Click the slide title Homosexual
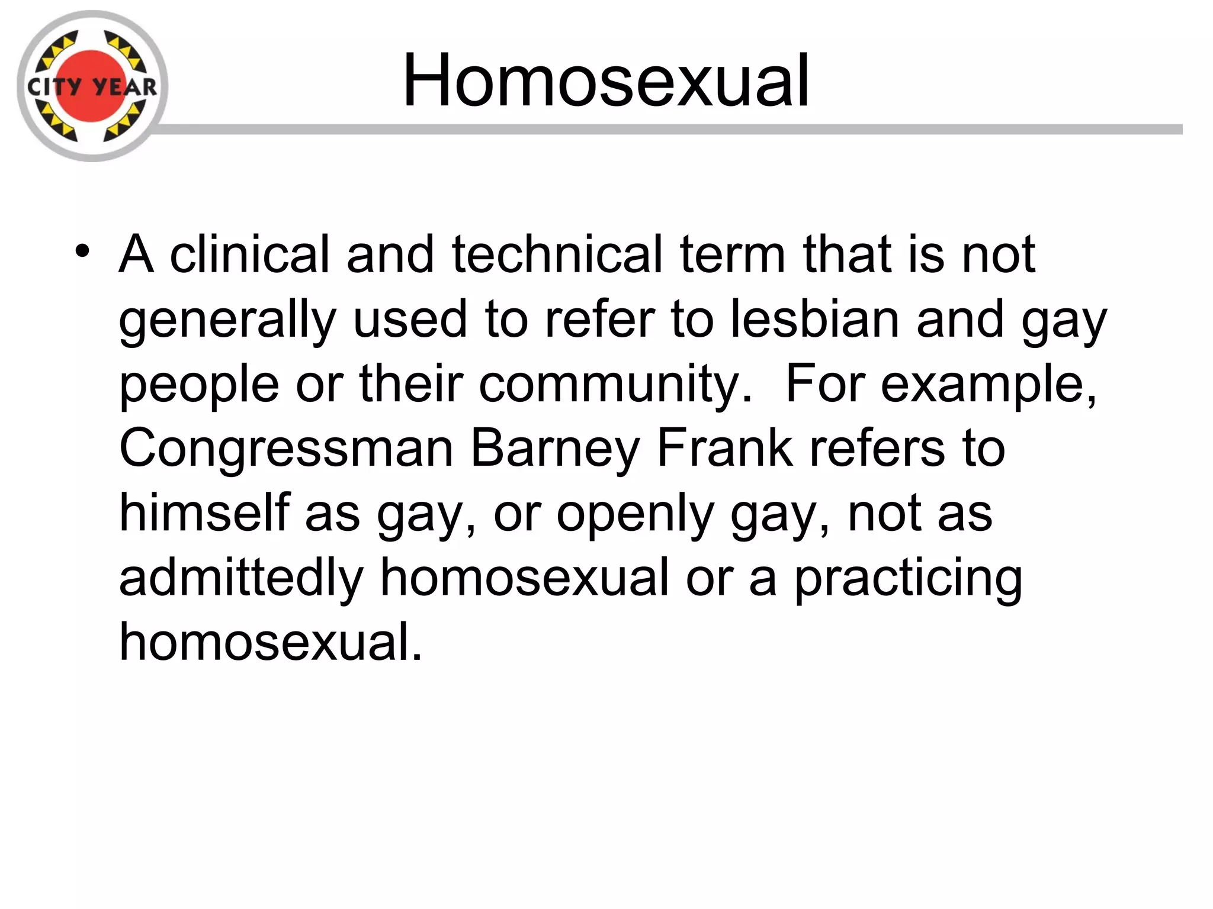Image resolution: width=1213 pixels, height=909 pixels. (605, 80)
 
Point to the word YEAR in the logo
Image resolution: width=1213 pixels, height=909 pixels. (125, 88)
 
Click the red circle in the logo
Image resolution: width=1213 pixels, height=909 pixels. (92, 65)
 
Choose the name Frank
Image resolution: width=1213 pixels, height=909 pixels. (724, 449)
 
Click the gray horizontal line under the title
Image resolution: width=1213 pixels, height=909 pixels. (669, 130)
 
